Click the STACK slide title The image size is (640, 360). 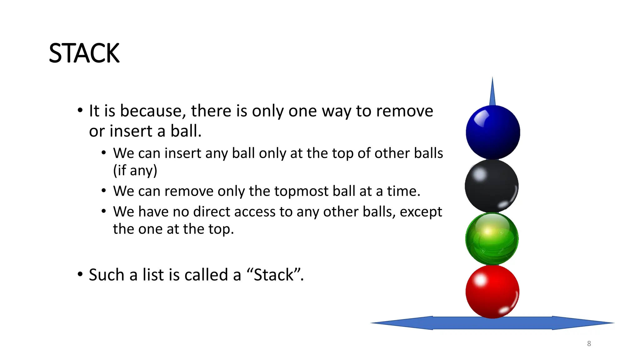tap(84, 53)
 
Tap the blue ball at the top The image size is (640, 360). tap(493, 132)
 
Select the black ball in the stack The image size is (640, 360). tap(492, 186)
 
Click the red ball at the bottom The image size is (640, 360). tap(492, 292)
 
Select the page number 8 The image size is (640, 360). tap(589, 344)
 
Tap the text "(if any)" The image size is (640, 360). tap(135, 171)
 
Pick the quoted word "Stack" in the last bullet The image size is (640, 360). tap(274, 275)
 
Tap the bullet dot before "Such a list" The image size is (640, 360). tap(80, 274)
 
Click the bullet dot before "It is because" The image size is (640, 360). tap(80, 110)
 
